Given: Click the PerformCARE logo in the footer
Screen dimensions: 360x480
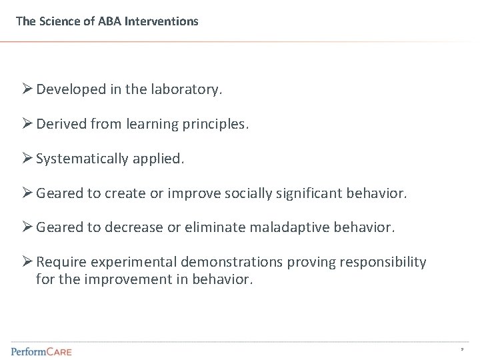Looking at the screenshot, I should (41, 351).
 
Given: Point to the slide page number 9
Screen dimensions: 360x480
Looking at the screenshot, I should (461, 349).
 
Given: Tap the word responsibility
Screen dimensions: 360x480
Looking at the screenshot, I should (383, 262).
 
